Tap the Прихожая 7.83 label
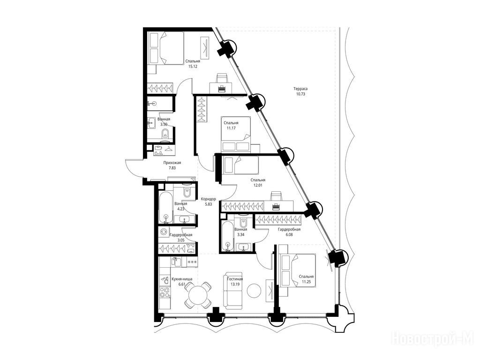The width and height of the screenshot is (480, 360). point(172,165)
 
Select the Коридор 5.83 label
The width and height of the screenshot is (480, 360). point(208,202)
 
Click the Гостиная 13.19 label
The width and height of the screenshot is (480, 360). point(235,282)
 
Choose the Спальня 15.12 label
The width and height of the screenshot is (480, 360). point(193,64)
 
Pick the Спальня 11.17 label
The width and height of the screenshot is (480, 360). point(231,126)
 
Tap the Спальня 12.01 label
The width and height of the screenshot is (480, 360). point(258,183)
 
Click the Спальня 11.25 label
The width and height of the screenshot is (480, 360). point(307,279)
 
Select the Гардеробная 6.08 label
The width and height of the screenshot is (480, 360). point(289,232)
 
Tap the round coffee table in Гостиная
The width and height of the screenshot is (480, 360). point(254,291)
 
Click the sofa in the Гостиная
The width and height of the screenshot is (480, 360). point(232,290)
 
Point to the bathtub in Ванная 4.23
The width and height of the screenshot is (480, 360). point(166,208)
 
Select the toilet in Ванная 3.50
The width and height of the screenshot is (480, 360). point(165,134)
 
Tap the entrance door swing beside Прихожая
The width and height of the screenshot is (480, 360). point(133,169)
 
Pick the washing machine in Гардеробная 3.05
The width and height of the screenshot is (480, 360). point(163,232)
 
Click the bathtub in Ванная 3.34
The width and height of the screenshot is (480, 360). point(227,237)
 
